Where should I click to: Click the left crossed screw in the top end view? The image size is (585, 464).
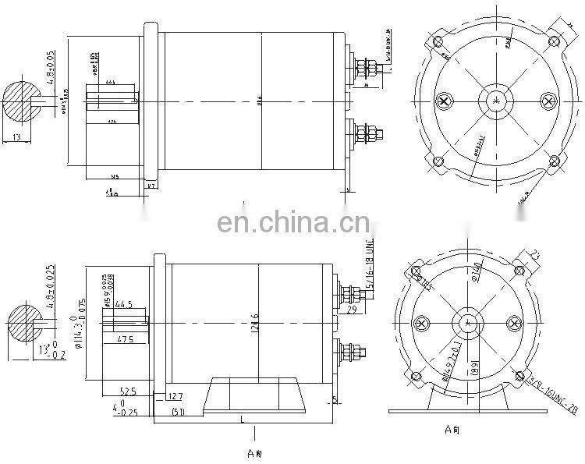pos(444,101)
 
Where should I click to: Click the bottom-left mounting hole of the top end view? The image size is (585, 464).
pos(437,161)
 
